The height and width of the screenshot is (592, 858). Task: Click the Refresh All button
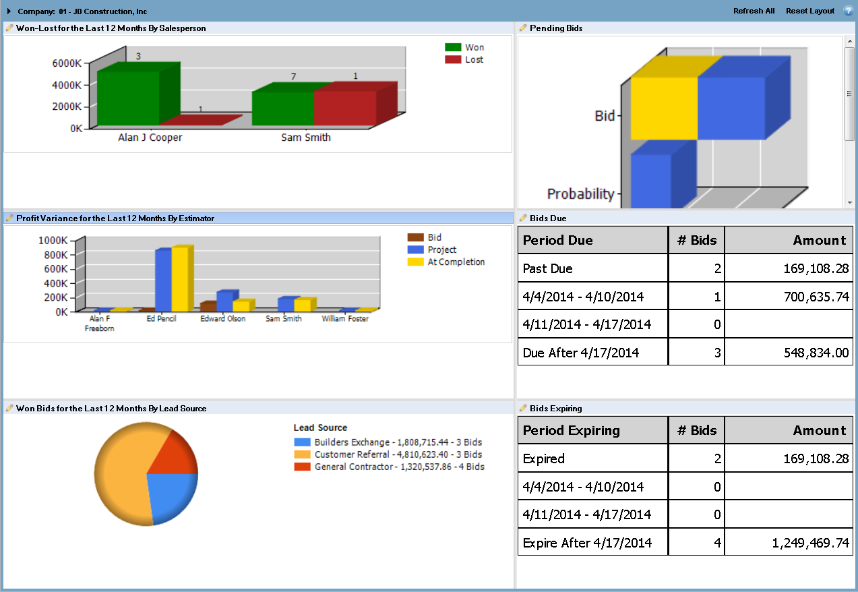point(754,11)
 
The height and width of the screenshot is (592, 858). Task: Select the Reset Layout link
point(809,11)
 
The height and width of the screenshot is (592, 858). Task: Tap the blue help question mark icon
point(848,11)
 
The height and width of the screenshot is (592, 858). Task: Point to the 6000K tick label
point(67,63)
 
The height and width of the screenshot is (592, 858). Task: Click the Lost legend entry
point(464,60)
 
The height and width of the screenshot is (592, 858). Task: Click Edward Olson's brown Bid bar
point(208,306)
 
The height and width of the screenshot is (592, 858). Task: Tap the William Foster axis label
point(345,319)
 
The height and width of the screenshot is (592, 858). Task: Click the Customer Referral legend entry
point(388,454)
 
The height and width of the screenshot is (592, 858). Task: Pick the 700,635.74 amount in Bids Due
point(816,297)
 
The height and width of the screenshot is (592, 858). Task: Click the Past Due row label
point(547,268)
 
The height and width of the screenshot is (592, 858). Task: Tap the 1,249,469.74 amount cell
point(811,543)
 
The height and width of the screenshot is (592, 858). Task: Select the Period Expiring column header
point(571,430)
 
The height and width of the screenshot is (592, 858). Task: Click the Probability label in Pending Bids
point(581,194)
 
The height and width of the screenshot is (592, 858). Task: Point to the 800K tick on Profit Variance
point(55,255)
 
